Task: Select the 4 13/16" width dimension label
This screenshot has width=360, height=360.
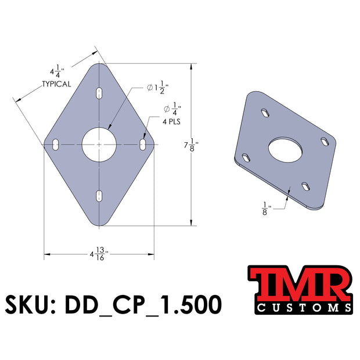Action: point(99,254)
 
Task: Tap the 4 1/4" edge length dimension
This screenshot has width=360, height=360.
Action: point(57,73)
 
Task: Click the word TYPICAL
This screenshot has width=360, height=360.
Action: point(56,84)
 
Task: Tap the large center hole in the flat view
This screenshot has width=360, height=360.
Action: point(99,144)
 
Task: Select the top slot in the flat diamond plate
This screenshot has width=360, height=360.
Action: point(99,93)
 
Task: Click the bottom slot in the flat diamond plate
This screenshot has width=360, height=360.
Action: point(99,195)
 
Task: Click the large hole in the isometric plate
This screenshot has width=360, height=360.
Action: point(285,149)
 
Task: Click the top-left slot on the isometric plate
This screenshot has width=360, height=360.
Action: point(265,113)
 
